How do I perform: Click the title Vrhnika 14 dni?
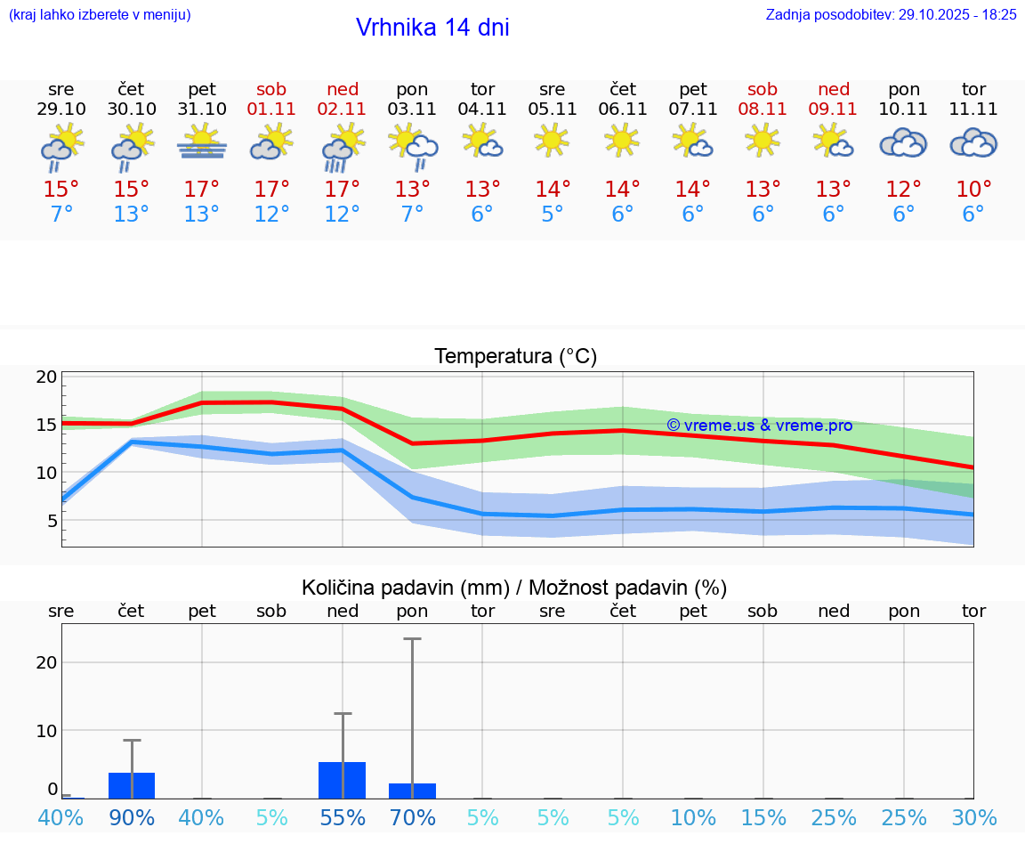coord(432,28)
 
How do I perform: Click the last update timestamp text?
coord(891,14)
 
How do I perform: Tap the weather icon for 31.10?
coord(202,142)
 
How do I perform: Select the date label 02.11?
coord(343,110)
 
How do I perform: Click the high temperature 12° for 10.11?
coord(904,190)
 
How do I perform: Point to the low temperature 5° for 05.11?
coord(553,215)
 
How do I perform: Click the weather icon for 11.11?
coord(973,142)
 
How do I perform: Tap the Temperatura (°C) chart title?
coord(515,357)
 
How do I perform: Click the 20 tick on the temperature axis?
coord(46,377)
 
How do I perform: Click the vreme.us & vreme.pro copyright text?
coord(759,426)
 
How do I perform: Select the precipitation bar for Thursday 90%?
coord(132,785)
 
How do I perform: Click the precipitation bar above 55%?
coord(343,780)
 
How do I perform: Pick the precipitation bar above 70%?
coord(412,791)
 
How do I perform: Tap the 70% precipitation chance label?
coord(413,817)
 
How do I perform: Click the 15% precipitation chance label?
coord(763,817)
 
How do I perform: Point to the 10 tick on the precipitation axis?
coord(46,731)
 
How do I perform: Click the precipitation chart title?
coord(514,588)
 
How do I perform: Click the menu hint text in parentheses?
coord(100,14)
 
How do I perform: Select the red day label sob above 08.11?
coord(763,89)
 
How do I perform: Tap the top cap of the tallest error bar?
coord(412,638)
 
